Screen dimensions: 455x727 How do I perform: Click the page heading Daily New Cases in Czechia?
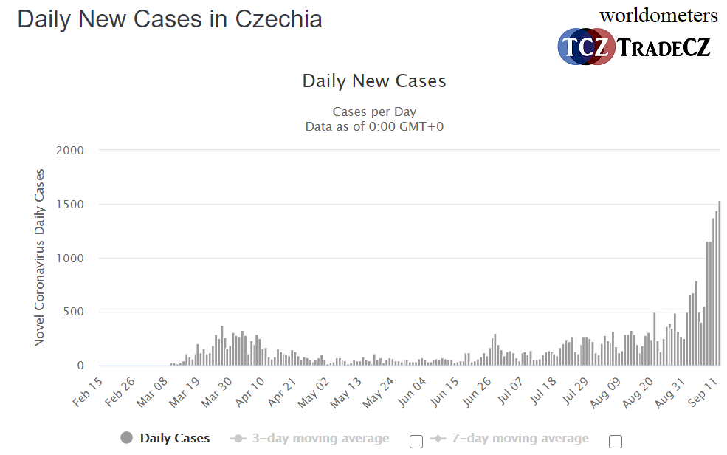pyautogui.click(x=170, y=19)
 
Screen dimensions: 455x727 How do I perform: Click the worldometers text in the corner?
pyautogui.click(x=658, y=15)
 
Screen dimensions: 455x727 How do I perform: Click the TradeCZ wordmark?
pyautogui.click(x=663, y=48)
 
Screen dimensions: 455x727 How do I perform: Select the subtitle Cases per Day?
pyautogui.click(x=374, y=112)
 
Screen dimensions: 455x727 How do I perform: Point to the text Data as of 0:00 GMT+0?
pyautogui.click(x=374, y=126)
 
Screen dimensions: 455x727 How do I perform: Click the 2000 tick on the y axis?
pyautogui.click(x=70, y=151)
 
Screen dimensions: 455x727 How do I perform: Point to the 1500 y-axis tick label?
pyautogui.click(x=70, y=205)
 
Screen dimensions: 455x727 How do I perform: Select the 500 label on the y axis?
pyautogui.click(x=73, y=312)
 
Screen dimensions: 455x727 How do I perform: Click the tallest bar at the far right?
pyautogui.click(x=719, y=284)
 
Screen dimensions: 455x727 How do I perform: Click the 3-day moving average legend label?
pyautogui.click(x=320, y=439)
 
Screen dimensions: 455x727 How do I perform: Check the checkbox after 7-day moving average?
pyautogui.click(x=616, y=441)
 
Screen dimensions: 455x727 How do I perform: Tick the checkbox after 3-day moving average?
pyautogui.click(x=416, y=441)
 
